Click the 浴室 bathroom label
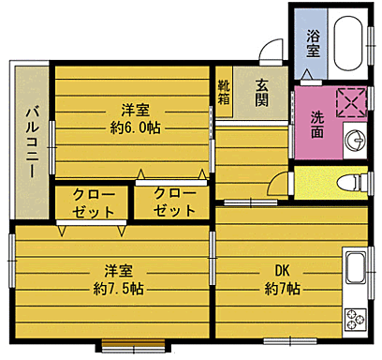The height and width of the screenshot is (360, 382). click(314, 42)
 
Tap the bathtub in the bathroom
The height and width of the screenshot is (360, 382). click(349, 42)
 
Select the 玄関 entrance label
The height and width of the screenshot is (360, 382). click(263, 91)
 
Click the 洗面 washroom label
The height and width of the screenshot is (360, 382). click(317, 125)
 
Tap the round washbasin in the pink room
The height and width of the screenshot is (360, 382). click(357, 141)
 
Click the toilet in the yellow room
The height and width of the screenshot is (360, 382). click(351, 181)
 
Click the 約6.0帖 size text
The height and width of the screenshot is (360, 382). click(135, 127)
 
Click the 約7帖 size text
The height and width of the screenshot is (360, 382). click(280, 287)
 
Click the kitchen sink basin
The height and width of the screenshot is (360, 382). click(356, 270)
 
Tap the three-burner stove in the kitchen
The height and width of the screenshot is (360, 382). click(356, 319)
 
